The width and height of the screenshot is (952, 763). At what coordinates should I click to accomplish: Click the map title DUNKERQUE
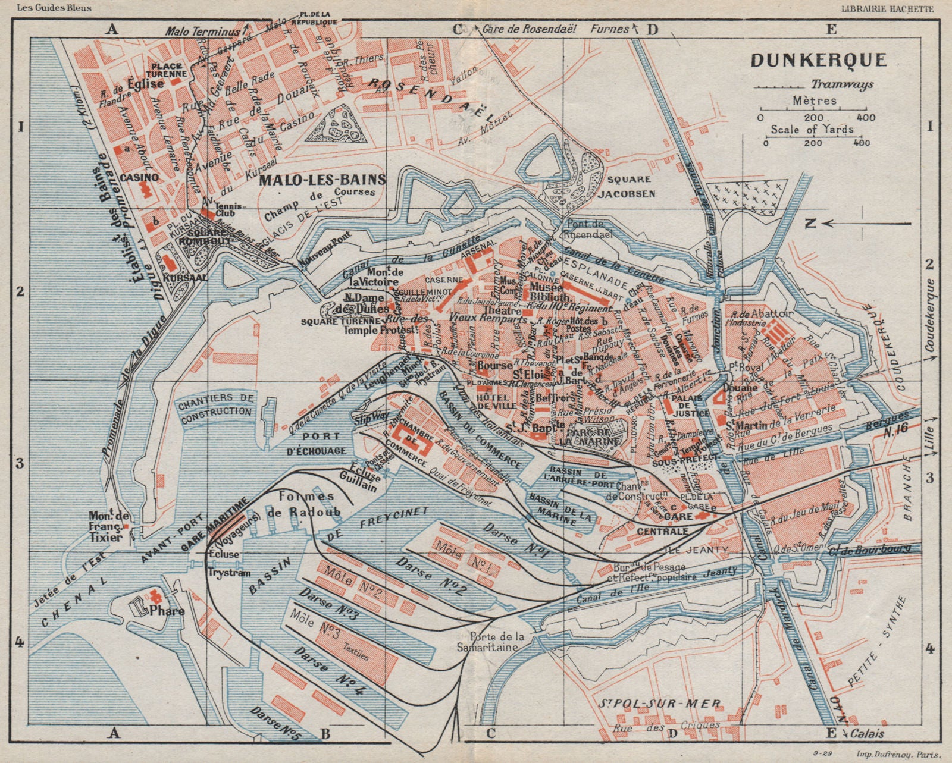coord(819,60)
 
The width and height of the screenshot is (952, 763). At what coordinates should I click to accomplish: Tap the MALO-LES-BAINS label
coord(322,179)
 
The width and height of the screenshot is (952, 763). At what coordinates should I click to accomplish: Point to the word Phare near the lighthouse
coord(170,611)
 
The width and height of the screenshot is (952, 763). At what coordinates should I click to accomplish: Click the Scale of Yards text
coord(812,129)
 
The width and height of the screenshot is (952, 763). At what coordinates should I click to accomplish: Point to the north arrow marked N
coord(810,224)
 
